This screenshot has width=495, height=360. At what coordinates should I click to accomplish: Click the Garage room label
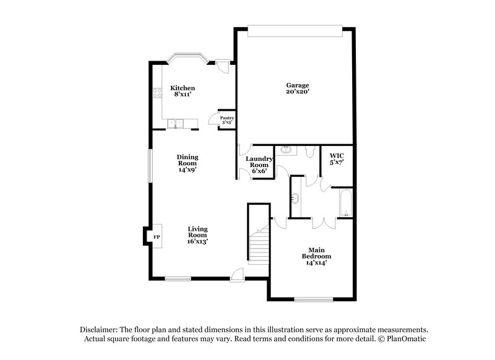point(297,88)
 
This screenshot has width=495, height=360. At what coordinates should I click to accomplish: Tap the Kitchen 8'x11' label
point(183,92)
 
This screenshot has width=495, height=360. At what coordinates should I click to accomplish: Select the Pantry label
point(227,119)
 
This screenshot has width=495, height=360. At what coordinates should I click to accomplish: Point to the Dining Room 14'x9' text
point(187,163)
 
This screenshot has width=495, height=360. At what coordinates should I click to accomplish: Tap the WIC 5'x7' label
point(336,159)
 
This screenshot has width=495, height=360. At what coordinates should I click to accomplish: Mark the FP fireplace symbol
point(156,237)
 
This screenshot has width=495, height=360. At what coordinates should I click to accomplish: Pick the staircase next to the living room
point(259,244)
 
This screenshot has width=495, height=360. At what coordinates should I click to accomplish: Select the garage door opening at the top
point(295,30)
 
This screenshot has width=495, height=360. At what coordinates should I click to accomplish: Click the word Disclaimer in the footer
point(99,330)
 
